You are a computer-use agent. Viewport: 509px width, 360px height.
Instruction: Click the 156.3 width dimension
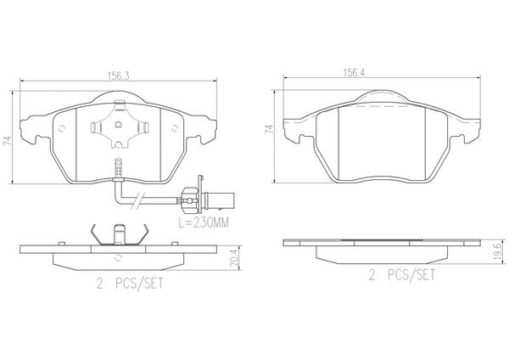(x=119, y=76)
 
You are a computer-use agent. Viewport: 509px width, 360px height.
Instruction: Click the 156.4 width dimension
(x=354, y=73)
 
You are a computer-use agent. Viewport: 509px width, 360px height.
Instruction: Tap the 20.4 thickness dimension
(x=234, y=256)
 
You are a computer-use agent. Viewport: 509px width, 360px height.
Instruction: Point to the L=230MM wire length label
(x=204, y=222)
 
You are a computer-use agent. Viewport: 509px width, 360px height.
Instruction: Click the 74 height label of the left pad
(x=8, y=141)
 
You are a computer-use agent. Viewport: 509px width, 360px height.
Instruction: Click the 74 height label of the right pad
(x=269, y=129)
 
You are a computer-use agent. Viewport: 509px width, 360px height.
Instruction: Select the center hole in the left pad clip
(x=119, y=124)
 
